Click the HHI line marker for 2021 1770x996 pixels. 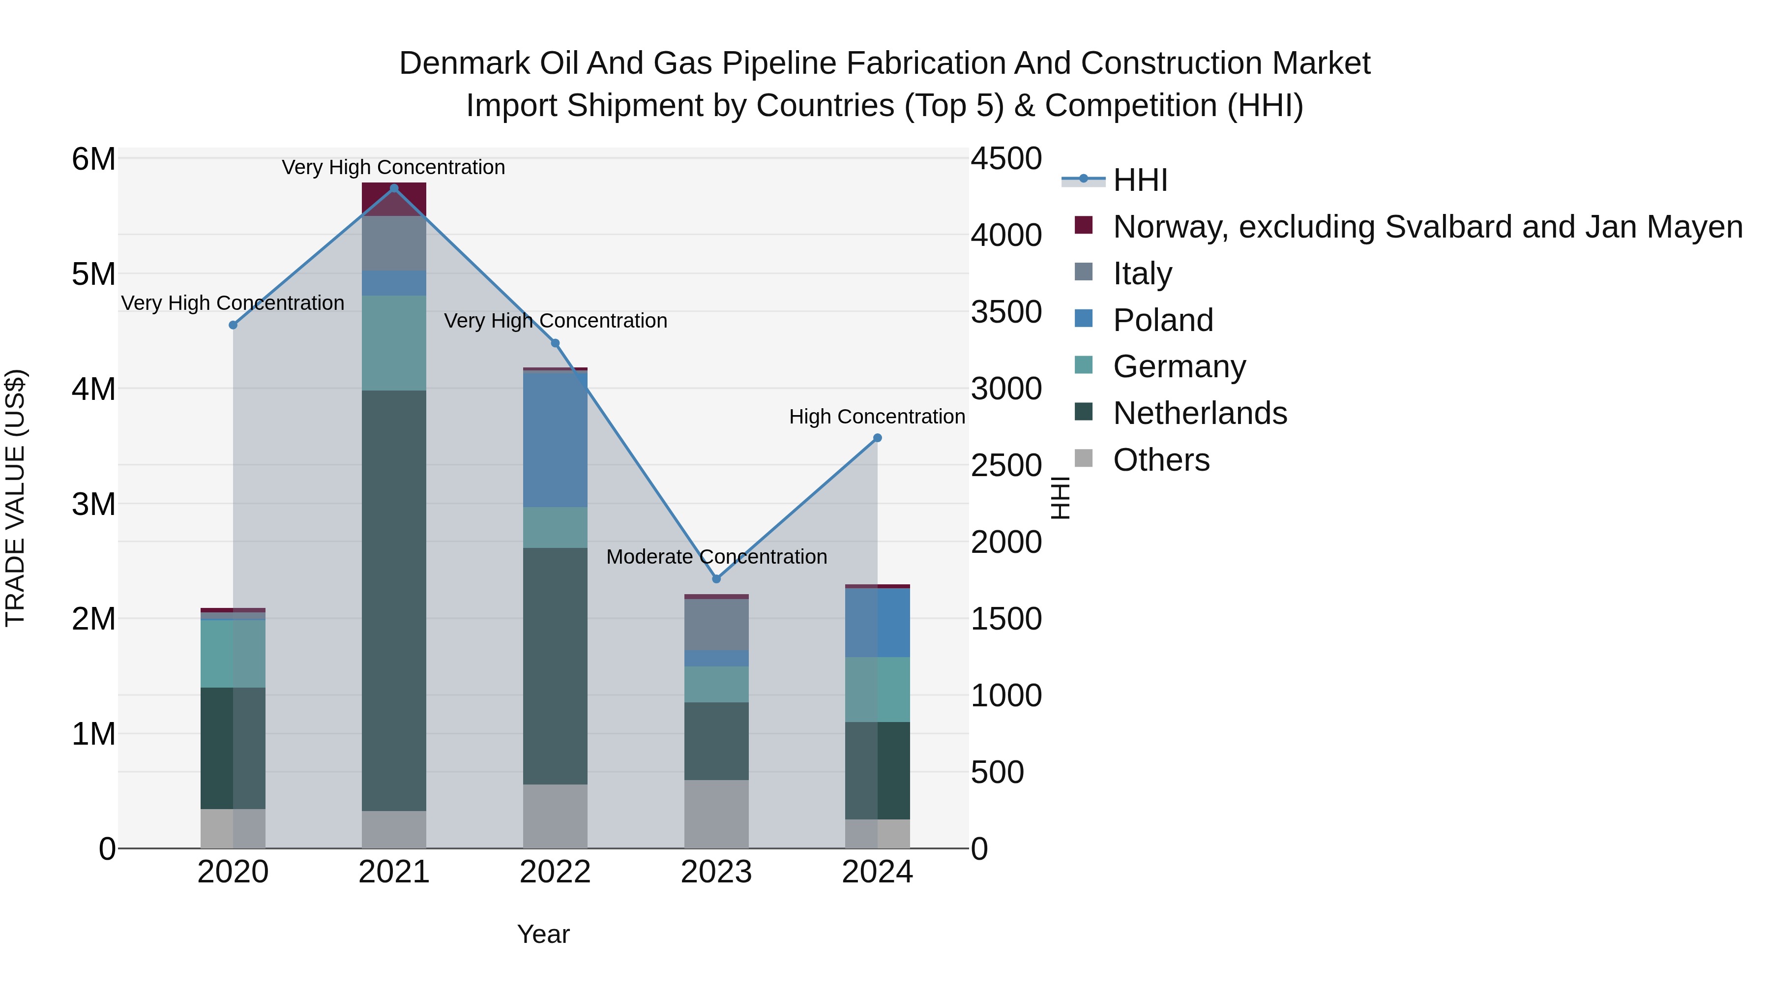tap(394, 188)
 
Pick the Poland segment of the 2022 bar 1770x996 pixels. tap(555, 439)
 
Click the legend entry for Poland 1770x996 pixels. tap(1163, 320)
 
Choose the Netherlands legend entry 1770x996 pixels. tap(1200, 413)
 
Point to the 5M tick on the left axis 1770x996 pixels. tap(93, 274)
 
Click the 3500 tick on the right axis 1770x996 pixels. tap(1005, 312)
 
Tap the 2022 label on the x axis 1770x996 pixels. tap(555, 872)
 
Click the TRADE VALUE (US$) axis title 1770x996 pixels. tap(15, 498)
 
